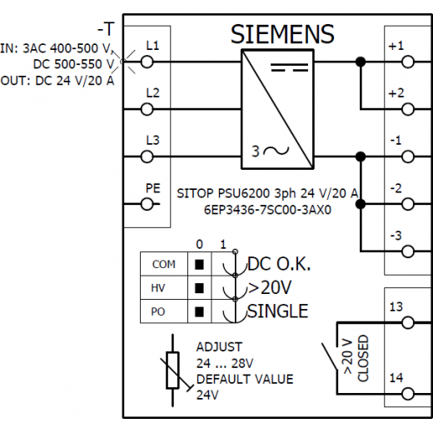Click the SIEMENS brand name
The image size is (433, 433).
click(x=282, y=34)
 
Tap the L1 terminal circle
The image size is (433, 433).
click(x=147, y=62)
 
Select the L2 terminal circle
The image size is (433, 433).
click(x=147, y=109)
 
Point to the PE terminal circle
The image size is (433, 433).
click(x=147, y=204)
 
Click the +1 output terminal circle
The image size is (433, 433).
click(x=408, y=62)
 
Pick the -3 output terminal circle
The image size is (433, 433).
click(x=408, y=251)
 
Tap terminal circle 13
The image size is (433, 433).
click(x=408, y=323)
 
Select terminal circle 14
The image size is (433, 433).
click(x=408, y=394)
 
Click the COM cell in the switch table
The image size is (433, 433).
click(x=164, y=264)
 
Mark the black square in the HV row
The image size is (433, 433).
click(x=199, y=288)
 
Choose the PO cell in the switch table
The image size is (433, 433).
click(x=164, y=311)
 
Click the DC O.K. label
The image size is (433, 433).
click(x=279, y=264)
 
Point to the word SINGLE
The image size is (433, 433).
click(x=277, y=311)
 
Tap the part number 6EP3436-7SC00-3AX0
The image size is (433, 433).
click(x=267, y=210)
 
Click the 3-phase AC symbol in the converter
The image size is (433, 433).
click(x=270, y=152)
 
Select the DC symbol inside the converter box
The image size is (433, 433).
click(x=290, y=67)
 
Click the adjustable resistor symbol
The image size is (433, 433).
click(x=172, y=371)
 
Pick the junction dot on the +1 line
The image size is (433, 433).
click(x=361, y=62)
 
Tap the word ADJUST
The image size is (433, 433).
click(x=219, y=347)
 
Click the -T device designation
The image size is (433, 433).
click(x=106, y=29)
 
